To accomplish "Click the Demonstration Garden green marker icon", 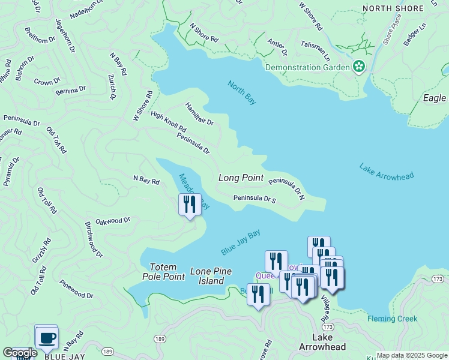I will pyautogui.click(x=360, y=67).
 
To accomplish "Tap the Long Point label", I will pyautogui.click(x=241, y=178).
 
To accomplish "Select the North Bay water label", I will pyautogui.click(x=242, y=92).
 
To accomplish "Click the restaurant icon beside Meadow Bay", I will pyautogui.click(x=189, y=205).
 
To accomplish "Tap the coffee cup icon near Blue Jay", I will pyautogui.click(x=46, y=337).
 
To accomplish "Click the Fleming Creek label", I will pyautogui.click(x=392, y=319).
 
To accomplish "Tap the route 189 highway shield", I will pyautogui.click(x=107, y=351).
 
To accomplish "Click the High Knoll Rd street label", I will pyautogui.click(x=168, y=122).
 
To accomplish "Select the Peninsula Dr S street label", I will pyautogui.click(x=254, y=199).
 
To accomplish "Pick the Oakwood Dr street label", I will pyautogui.click(x=112, y=221).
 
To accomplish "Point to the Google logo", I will pyautogui.click(x=20, y=353).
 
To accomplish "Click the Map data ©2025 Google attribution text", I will pyautogui.click(x=412, y=355).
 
